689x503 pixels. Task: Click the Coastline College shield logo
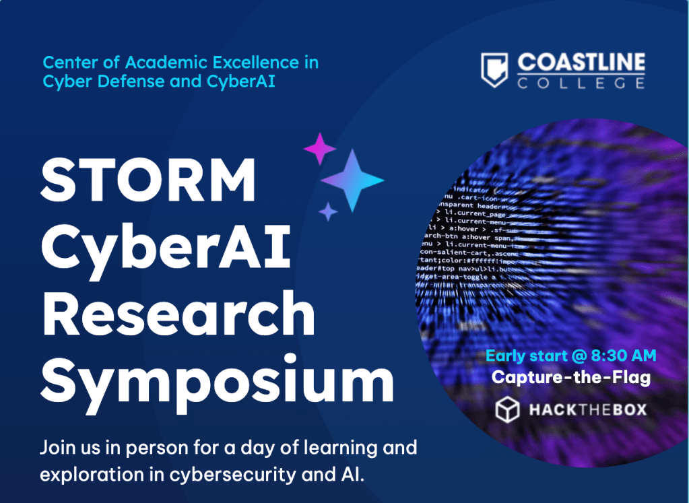(x=494, y=71)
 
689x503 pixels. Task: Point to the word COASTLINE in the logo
(x=581, y=64)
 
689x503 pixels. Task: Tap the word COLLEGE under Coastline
(x=581, y=83)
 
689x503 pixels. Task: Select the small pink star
(x=320, y=149)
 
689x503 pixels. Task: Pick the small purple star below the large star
(x=328, y=211)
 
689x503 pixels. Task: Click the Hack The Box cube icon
(x=506, y=410)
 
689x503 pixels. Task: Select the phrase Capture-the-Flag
(x=571, y=377)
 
